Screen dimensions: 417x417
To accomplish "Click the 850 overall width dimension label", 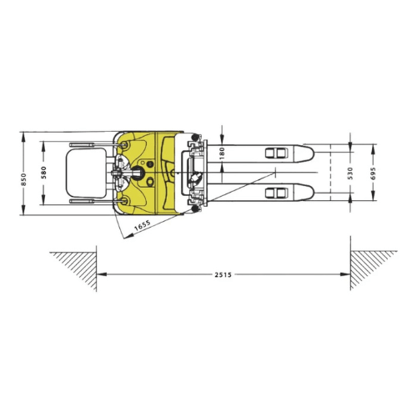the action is point(23,179).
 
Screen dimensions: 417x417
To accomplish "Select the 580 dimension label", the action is point(43,173).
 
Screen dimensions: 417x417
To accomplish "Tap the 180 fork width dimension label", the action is point(222,153).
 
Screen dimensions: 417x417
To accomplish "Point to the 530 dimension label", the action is point(350,173).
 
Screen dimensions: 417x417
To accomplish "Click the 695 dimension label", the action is point(373,173).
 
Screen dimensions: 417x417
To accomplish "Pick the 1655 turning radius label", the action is point(143,225).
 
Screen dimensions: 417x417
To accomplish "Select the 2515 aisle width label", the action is point(223,274).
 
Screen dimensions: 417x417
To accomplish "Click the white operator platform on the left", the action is point(86,173).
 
